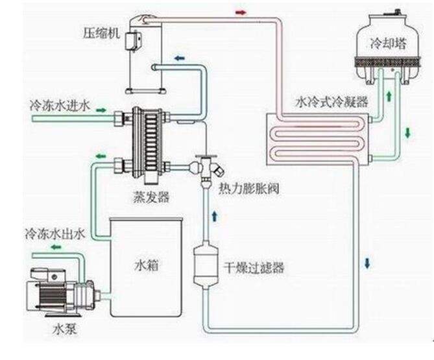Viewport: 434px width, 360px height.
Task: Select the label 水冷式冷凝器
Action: [x=332, y=102]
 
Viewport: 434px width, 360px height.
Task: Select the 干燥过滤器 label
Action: [x=254, y=267]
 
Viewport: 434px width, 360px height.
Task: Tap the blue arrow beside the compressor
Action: [x=178, y=58]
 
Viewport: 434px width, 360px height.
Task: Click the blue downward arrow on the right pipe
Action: [x=368, y=263]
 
